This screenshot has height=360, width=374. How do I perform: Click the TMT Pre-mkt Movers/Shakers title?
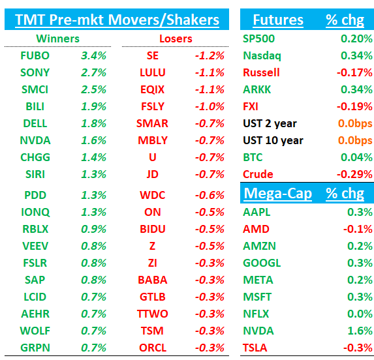point(117,20)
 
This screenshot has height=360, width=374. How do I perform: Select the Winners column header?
point(57,38)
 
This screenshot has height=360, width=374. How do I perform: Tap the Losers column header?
point(176,38)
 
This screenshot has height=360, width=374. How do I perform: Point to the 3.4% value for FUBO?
point(93,55)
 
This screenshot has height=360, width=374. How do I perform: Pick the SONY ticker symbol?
point(35,72)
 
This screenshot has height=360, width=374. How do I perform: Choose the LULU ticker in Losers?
point(153,72)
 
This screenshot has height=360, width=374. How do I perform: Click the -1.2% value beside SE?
point(210,55)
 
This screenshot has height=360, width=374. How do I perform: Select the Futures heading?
point(278,20)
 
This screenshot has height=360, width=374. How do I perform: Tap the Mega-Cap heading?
point(277,194)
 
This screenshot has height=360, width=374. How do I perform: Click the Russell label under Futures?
point(261,72)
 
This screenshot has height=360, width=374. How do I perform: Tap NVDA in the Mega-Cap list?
point(258,331)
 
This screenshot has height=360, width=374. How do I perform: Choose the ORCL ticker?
point(153,348)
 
